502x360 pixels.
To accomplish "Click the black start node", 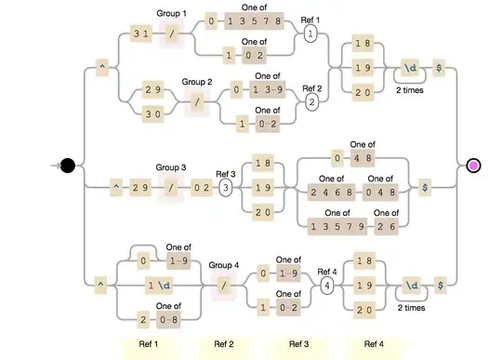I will (x=67, y=166).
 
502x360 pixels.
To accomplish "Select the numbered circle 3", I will (x=225, y=188).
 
